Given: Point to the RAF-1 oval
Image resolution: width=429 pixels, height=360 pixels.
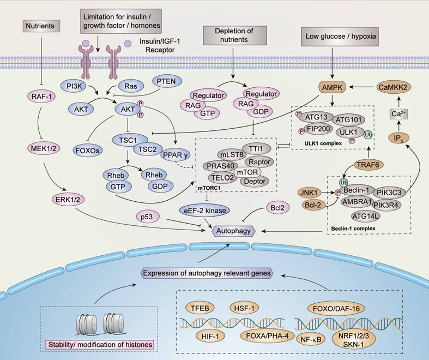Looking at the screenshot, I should click(x=41, y=97).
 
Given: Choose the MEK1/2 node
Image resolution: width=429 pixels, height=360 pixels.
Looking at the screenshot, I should click(x=41, y=146).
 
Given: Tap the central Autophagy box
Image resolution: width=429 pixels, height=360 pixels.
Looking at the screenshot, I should click(x=234, y=231).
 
